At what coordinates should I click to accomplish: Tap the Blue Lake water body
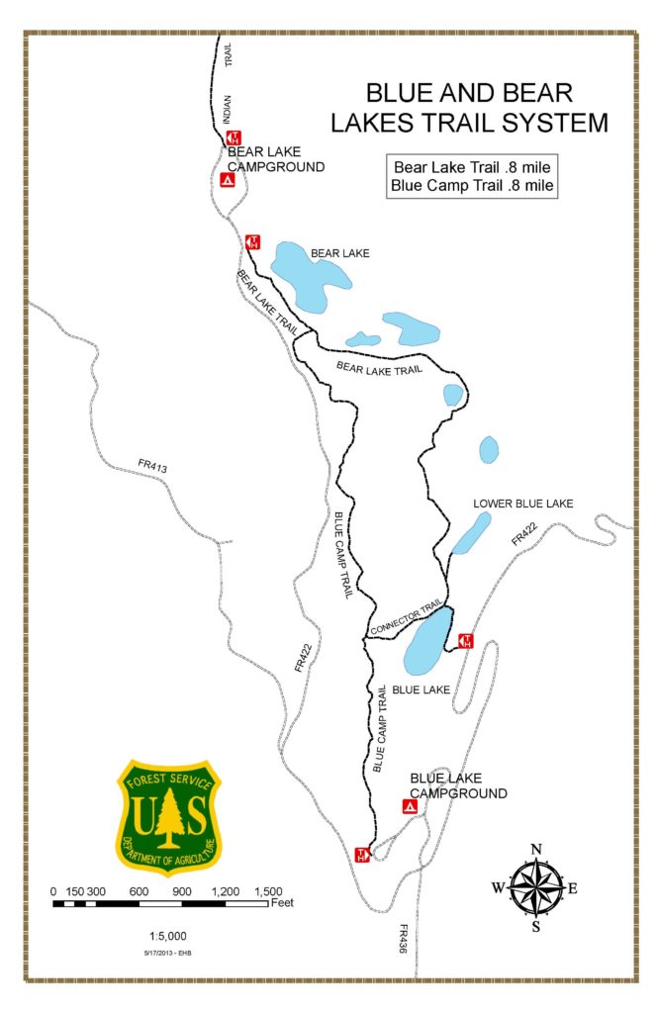click(428, 642)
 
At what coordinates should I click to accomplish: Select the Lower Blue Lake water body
click(471, 533)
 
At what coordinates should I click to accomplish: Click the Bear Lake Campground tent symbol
click(228, 181)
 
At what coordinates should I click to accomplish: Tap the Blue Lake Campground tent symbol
click(410, 807)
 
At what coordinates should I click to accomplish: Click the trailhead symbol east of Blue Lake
click(467, 641)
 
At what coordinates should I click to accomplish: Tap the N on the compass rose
click(535, 849)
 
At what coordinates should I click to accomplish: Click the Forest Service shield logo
click(168, 815)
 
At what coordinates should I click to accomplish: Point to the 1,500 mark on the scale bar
click(267, 890)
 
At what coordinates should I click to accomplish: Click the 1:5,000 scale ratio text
click(167, 936)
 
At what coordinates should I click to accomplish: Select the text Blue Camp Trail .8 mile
click(471, 184)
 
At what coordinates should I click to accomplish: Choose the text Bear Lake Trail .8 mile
click(471, 166)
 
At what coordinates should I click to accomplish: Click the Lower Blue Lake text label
click(522, 504)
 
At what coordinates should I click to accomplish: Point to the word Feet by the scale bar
click(281, 902)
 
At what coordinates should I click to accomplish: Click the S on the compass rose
click(535, 926)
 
